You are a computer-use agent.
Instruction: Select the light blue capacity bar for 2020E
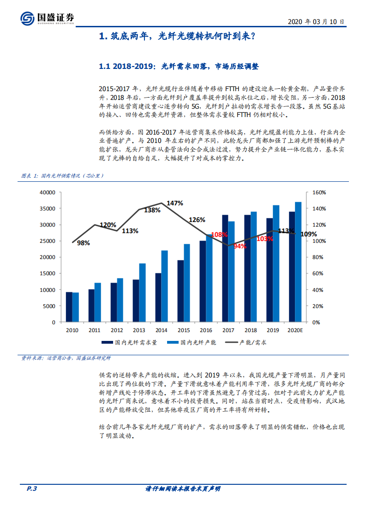298,262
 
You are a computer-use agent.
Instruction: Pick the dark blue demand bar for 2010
69,307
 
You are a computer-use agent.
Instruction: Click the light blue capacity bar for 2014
164,286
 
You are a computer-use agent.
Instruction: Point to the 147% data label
175,203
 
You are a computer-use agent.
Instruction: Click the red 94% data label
240,247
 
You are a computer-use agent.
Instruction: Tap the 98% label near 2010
84,243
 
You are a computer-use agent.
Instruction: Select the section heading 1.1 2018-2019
179,67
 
